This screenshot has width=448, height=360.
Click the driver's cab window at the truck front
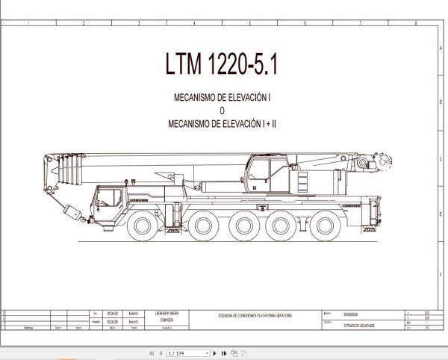coord(107,198)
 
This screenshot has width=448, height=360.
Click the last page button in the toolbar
coord(222,353)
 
